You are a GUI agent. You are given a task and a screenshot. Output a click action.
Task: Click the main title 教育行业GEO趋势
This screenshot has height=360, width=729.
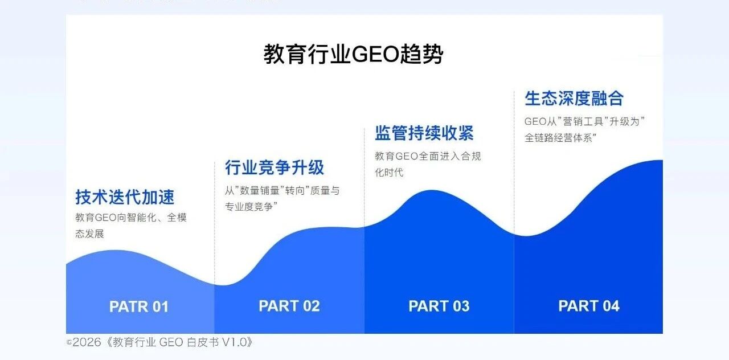pyautogui.click(x=353, y=54)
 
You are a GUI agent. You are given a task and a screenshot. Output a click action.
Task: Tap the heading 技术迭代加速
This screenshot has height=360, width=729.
pyautogui.click(x=125, y=197)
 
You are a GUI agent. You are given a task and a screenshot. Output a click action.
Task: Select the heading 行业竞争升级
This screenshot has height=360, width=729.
pyautogui.click(x=275, y=167)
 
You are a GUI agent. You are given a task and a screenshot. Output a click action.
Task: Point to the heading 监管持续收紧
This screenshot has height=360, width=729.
pyautogui.click(x=424, y=133)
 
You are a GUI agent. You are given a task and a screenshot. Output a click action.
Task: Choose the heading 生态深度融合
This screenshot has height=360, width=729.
pyautogui.click(x=574, y=99)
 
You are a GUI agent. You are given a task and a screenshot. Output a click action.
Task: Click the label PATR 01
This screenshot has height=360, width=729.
pyautogui.click(x=139, y=306)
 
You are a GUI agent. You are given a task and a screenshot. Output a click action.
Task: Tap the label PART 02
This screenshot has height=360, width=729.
pyautogui.click(x=289, y=306)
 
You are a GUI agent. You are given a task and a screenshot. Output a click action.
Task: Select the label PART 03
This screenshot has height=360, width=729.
pyautogui.click(x=439, y=306)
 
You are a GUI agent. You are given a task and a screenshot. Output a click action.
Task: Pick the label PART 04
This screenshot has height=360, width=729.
pyautogui.click(x=589, y=306)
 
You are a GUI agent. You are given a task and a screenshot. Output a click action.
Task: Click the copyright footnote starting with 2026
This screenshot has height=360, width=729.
pyautogui.click(x=159, y=342)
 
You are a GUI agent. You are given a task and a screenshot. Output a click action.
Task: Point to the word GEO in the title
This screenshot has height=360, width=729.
pyautogui.click(x=375, y=54)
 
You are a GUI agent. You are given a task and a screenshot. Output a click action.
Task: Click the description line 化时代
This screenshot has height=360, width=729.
pyautogui.click(x=389, y=172)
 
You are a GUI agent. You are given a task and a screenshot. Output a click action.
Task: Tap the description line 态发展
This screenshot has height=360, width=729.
pyautogui.click(x=89, y=234)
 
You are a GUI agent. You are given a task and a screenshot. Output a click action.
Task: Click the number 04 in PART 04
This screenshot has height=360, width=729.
pyautogui.click(x=611, y=306)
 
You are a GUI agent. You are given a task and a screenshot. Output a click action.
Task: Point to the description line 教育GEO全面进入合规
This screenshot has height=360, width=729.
pyautogui.click(x=428, y=156)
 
